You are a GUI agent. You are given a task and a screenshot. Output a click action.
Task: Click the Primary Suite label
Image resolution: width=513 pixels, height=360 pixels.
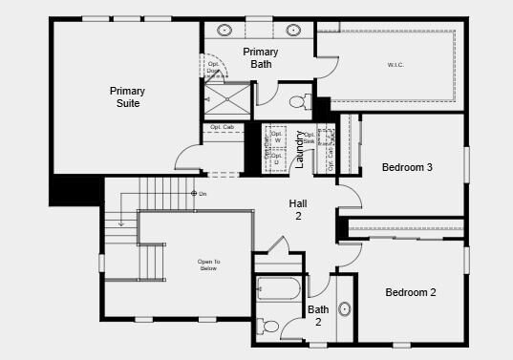126,96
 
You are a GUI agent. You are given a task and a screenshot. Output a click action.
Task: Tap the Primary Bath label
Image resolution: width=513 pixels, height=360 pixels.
261,57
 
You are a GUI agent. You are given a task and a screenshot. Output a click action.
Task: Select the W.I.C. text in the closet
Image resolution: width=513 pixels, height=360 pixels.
395,65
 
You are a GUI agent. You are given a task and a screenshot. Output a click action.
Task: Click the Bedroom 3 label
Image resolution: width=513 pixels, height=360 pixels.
408,167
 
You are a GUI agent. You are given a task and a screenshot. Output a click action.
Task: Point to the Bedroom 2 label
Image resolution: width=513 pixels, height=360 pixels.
411,292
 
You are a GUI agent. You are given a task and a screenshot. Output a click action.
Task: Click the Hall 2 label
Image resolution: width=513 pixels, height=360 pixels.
297,210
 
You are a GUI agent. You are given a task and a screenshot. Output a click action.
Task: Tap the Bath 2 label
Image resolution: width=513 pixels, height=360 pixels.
318,316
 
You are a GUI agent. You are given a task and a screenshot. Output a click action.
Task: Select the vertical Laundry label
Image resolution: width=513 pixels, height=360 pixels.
299,149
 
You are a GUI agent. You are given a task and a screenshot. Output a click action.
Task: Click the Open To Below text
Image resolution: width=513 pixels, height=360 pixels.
208,265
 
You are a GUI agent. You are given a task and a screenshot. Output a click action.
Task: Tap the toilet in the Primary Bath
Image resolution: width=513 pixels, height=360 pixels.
297,100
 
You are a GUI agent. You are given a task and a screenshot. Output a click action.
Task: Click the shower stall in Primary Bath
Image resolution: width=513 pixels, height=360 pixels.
227,99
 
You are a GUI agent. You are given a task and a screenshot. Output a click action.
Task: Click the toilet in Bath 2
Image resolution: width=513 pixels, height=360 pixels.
271,327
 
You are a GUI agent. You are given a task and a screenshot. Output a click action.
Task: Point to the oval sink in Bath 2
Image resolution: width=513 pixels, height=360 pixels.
344,309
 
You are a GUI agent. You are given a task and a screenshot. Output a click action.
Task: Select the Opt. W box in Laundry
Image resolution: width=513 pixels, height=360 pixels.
278,138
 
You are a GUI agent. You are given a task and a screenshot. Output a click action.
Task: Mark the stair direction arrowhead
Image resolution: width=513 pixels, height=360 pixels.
121,225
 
